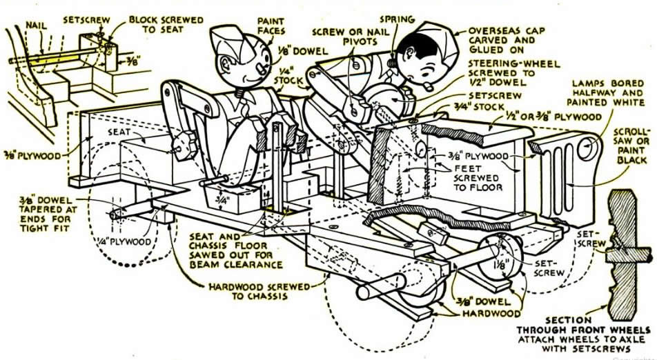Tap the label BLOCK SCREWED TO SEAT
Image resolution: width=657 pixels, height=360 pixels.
[165, 26]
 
